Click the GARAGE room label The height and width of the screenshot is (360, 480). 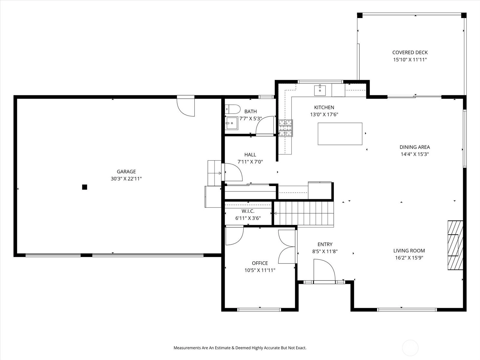coord(126,172)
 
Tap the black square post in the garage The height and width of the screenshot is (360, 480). coord(85,187)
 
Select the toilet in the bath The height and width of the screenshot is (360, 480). coord(233,109)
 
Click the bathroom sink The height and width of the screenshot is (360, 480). coord(232,123)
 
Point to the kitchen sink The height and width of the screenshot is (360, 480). coord(320,90)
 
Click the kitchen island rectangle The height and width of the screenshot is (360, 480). coord(340,134)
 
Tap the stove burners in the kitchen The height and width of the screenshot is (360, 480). coord(286,128)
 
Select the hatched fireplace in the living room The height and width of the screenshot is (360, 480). coord(455,245)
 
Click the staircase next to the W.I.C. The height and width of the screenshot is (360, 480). coord(304,213)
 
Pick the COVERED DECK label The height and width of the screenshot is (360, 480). coord(410,52)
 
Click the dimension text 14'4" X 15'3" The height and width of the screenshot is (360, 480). coord(415,154)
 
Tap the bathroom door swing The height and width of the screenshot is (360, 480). coord(265,125)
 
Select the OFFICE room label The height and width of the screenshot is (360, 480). coord(260,263)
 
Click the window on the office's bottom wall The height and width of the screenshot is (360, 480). coord(259,310)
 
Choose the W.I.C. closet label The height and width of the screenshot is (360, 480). coord(248,211)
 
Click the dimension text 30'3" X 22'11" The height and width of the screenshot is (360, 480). coord(126,179)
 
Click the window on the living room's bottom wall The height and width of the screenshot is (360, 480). coord(407,310)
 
